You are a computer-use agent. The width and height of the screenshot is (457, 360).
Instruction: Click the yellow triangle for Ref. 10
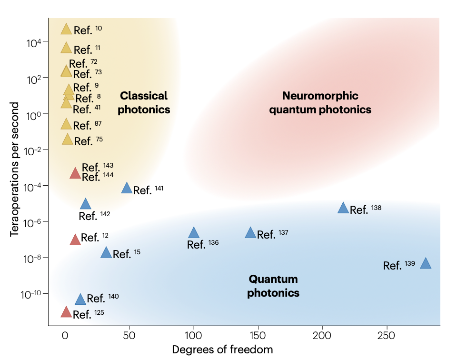[x=66, y=30]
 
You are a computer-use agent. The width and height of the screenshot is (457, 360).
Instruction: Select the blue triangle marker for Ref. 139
[x=426, y=264]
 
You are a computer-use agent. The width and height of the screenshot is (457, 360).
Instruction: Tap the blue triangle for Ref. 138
[x=343, y=208]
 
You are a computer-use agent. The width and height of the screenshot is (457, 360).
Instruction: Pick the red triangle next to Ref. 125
[x=66, y=313]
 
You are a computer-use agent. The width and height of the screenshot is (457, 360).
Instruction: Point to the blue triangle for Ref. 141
[x=127, y=188]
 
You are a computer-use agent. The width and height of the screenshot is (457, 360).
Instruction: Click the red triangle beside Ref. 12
[x=75, y=240]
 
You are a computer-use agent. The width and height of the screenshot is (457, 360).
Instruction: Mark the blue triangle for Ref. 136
[x=194, y=233]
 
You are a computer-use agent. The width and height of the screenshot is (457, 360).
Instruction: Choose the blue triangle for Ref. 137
[x=251, y=233]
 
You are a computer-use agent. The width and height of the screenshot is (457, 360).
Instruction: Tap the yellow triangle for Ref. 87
[x=66, y=125]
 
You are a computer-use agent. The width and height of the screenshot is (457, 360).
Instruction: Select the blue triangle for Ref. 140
[x=80, y=300]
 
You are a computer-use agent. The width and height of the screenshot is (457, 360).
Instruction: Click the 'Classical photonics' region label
[x=144, y=102]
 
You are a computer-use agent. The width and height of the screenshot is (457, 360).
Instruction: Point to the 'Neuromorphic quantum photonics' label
[x=320, y=102]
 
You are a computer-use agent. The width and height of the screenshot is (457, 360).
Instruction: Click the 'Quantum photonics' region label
[x=273, y=286]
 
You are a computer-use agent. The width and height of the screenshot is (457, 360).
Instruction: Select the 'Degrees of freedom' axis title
[x=222, y=350]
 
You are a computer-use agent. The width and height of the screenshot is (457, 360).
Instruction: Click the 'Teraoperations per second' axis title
[x=16, y=170]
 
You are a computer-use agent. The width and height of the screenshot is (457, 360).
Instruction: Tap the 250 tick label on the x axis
[x=387, y=335]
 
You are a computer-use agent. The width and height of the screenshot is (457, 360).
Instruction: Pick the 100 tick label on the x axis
[x=193, y=335]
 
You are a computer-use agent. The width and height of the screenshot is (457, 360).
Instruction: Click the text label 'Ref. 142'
[x=94, y=216]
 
